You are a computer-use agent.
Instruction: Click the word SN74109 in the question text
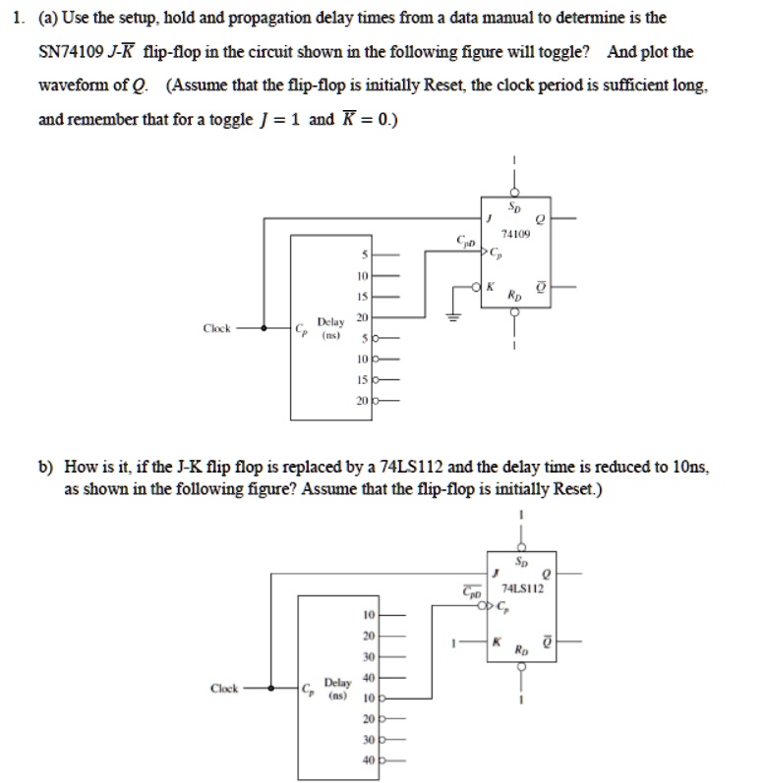coord(76,51)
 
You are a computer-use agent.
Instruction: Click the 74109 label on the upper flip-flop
coord(515,235)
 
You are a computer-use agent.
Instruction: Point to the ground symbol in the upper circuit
coord(453,317)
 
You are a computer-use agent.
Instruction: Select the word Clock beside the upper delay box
coord(217,328)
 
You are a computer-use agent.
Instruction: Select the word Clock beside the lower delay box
coord(226,689)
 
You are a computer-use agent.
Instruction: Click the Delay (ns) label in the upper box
coord(330,326)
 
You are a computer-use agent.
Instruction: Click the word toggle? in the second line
coord(555,51)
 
